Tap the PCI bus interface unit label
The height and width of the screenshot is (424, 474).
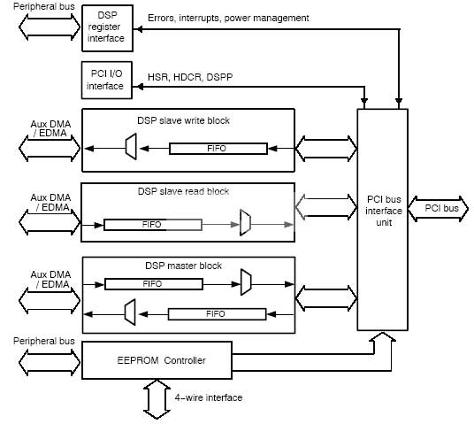[x=384, y=211]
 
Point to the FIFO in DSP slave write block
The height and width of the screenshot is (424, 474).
[x=218, y=149]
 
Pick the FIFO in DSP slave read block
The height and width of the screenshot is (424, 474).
[x=153, y=225]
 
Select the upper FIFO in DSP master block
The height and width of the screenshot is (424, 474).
[x=154, y=284]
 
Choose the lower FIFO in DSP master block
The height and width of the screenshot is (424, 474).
[x=217, y=314]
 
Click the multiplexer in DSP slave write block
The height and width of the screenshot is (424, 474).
[x=131, y=146]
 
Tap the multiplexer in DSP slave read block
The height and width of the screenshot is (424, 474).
[x=245, y=222]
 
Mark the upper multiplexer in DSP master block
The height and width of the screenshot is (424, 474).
[x=246, y=282]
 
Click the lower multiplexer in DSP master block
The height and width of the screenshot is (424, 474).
[x=130, y=312]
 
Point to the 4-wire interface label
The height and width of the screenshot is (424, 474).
[x=209, y=397]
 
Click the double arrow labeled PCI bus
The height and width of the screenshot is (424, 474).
[x=439, y=209]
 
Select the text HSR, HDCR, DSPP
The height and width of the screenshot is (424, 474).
[x=190, y=77]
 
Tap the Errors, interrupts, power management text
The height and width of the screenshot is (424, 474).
[x=228, y=19]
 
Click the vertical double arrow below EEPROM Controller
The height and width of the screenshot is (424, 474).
[x=157, y=399]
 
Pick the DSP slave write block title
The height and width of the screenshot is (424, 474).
[x=183, y=120]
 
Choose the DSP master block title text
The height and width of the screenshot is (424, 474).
[x=183, y=266]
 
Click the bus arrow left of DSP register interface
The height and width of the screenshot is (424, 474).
[x=50, y=27]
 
